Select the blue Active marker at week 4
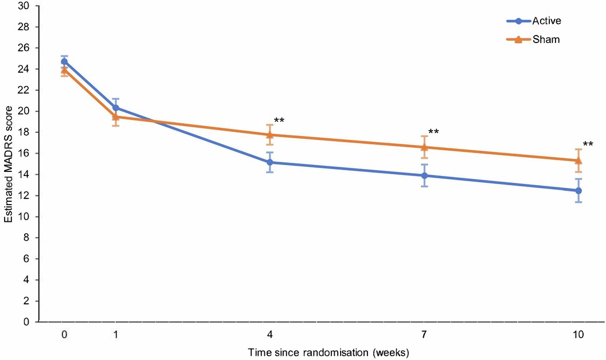(270, 162)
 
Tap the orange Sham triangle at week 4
(270, 135)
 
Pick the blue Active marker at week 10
(578, 190)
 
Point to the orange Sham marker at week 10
(578, 160)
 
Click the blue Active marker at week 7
(424, 175)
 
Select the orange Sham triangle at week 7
(424, 147)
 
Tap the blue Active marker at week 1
(116, 108)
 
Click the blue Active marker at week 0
(64, 61)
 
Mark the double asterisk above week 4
(279, 121)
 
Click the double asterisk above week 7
(433, 132)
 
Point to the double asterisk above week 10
(588, 145)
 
